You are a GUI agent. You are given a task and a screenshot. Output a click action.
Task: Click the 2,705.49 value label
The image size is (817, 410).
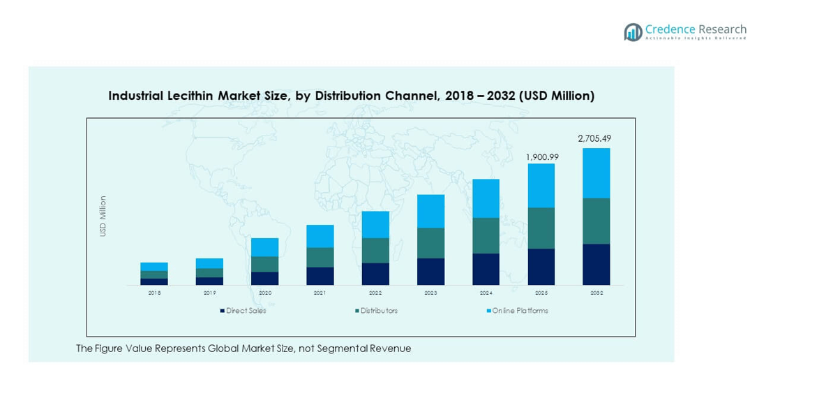594,138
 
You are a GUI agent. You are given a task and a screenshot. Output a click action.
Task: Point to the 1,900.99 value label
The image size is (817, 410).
542,156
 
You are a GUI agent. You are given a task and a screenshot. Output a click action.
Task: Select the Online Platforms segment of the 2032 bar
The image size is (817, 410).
596,173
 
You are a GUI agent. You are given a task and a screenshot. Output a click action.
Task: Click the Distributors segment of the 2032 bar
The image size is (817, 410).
596,221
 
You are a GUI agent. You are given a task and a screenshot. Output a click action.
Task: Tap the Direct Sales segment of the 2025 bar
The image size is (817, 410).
541,266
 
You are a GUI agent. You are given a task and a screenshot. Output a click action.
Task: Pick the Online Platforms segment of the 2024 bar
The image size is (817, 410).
486,198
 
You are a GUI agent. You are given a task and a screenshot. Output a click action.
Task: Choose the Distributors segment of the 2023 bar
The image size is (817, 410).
430,242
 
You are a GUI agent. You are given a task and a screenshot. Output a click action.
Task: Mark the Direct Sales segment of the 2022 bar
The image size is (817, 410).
375,273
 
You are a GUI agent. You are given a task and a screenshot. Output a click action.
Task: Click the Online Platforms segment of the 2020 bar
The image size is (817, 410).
265,247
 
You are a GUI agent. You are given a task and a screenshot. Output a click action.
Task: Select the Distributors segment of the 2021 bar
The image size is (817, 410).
320,257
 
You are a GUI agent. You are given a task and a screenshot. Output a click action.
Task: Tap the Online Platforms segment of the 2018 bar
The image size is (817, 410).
154,267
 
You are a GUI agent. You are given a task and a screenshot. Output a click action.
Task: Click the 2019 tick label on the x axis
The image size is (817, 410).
209,293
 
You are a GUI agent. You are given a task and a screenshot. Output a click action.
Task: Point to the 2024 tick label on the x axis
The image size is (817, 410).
486,293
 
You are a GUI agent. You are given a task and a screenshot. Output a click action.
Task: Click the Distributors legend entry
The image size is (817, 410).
379,311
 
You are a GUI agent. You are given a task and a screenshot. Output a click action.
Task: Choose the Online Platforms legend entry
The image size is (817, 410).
520,311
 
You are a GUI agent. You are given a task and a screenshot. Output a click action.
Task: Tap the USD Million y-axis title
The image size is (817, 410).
103,216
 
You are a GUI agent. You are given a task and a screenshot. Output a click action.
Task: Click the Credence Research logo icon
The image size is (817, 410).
633,32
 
